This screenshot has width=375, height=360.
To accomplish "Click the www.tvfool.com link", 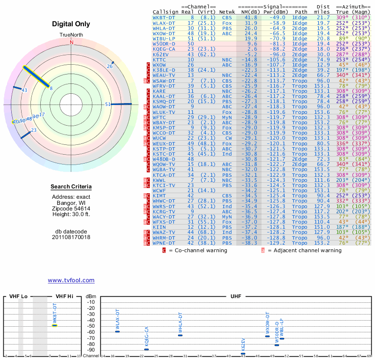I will click(71, 280).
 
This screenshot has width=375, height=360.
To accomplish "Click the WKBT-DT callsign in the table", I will click(164, 17).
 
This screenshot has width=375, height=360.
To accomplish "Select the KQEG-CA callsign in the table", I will click(164, 49).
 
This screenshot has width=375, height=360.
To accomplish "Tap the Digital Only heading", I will click(71, 24).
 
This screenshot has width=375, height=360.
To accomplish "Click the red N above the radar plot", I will click(72, 42).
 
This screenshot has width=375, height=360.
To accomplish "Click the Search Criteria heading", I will click(71, 187).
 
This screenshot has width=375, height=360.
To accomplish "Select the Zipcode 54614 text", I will click(71, 208).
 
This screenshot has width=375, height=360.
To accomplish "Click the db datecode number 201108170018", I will click(71, 237).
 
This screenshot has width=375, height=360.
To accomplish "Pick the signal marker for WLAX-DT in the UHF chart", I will click(117, 331).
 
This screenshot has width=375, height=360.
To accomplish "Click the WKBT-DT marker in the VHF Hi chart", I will click(54, 325).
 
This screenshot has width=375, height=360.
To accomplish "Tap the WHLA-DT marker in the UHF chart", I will click(180, 335).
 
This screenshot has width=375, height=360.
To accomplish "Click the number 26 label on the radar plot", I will click(110, 66).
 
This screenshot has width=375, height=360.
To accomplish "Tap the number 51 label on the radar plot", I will click(108, 105).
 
